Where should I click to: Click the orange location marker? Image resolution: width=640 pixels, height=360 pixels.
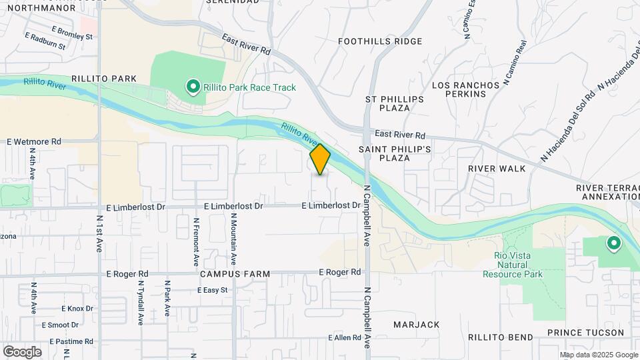coord(320,159)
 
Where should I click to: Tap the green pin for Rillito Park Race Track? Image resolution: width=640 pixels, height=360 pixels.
coord(193,87)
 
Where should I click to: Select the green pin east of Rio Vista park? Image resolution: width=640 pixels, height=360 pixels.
coord(613,244)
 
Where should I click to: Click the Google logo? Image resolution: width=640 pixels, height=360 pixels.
coord(22,352)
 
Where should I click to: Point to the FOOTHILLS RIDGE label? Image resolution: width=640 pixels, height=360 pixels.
coord(380,41)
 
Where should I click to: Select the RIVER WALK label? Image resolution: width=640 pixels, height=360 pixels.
coord(497,169)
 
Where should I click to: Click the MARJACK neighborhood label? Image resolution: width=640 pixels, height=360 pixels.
coord(416,325)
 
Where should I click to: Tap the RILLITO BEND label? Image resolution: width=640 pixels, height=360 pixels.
coord(499,338)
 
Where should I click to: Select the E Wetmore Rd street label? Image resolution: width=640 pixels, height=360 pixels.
coord(34,141)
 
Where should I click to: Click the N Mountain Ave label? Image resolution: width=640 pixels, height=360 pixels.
coord(234,237)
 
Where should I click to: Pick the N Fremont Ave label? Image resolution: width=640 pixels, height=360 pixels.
coord(196,239)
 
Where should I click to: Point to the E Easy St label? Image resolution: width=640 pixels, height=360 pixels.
coord(213,290)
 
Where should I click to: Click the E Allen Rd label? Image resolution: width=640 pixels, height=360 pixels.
coord(344,338)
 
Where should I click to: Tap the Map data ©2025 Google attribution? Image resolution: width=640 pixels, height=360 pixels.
coord(599,355)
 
